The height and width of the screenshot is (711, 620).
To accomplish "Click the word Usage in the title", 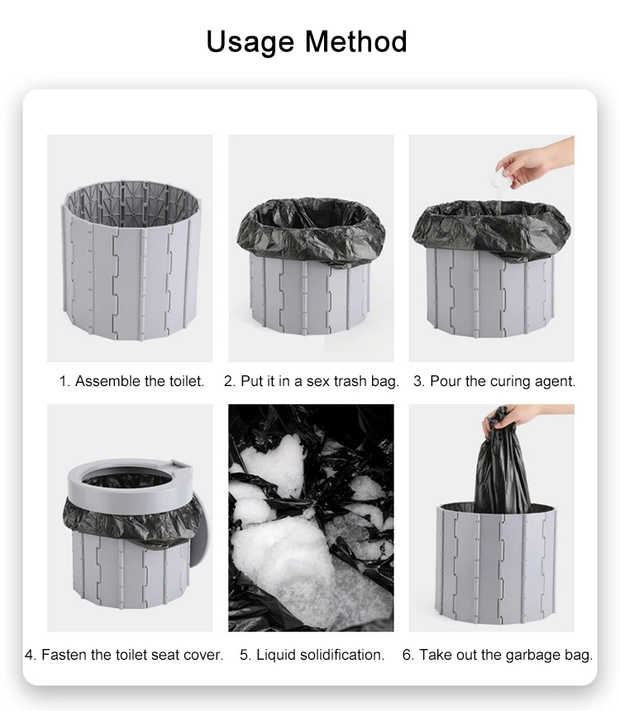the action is (250, 42).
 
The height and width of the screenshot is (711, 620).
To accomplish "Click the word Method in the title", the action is (355, 41).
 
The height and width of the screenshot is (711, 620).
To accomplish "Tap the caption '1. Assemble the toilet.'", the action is (131, 381).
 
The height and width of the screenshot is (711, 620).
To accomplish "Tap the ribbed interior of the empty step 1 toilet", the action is (131, 199).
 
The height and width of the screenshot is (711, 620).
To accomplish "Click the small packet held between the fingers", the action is (502, 178).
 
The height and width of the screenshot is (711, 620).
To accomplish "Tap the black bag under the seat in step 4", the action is (127, 521).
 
